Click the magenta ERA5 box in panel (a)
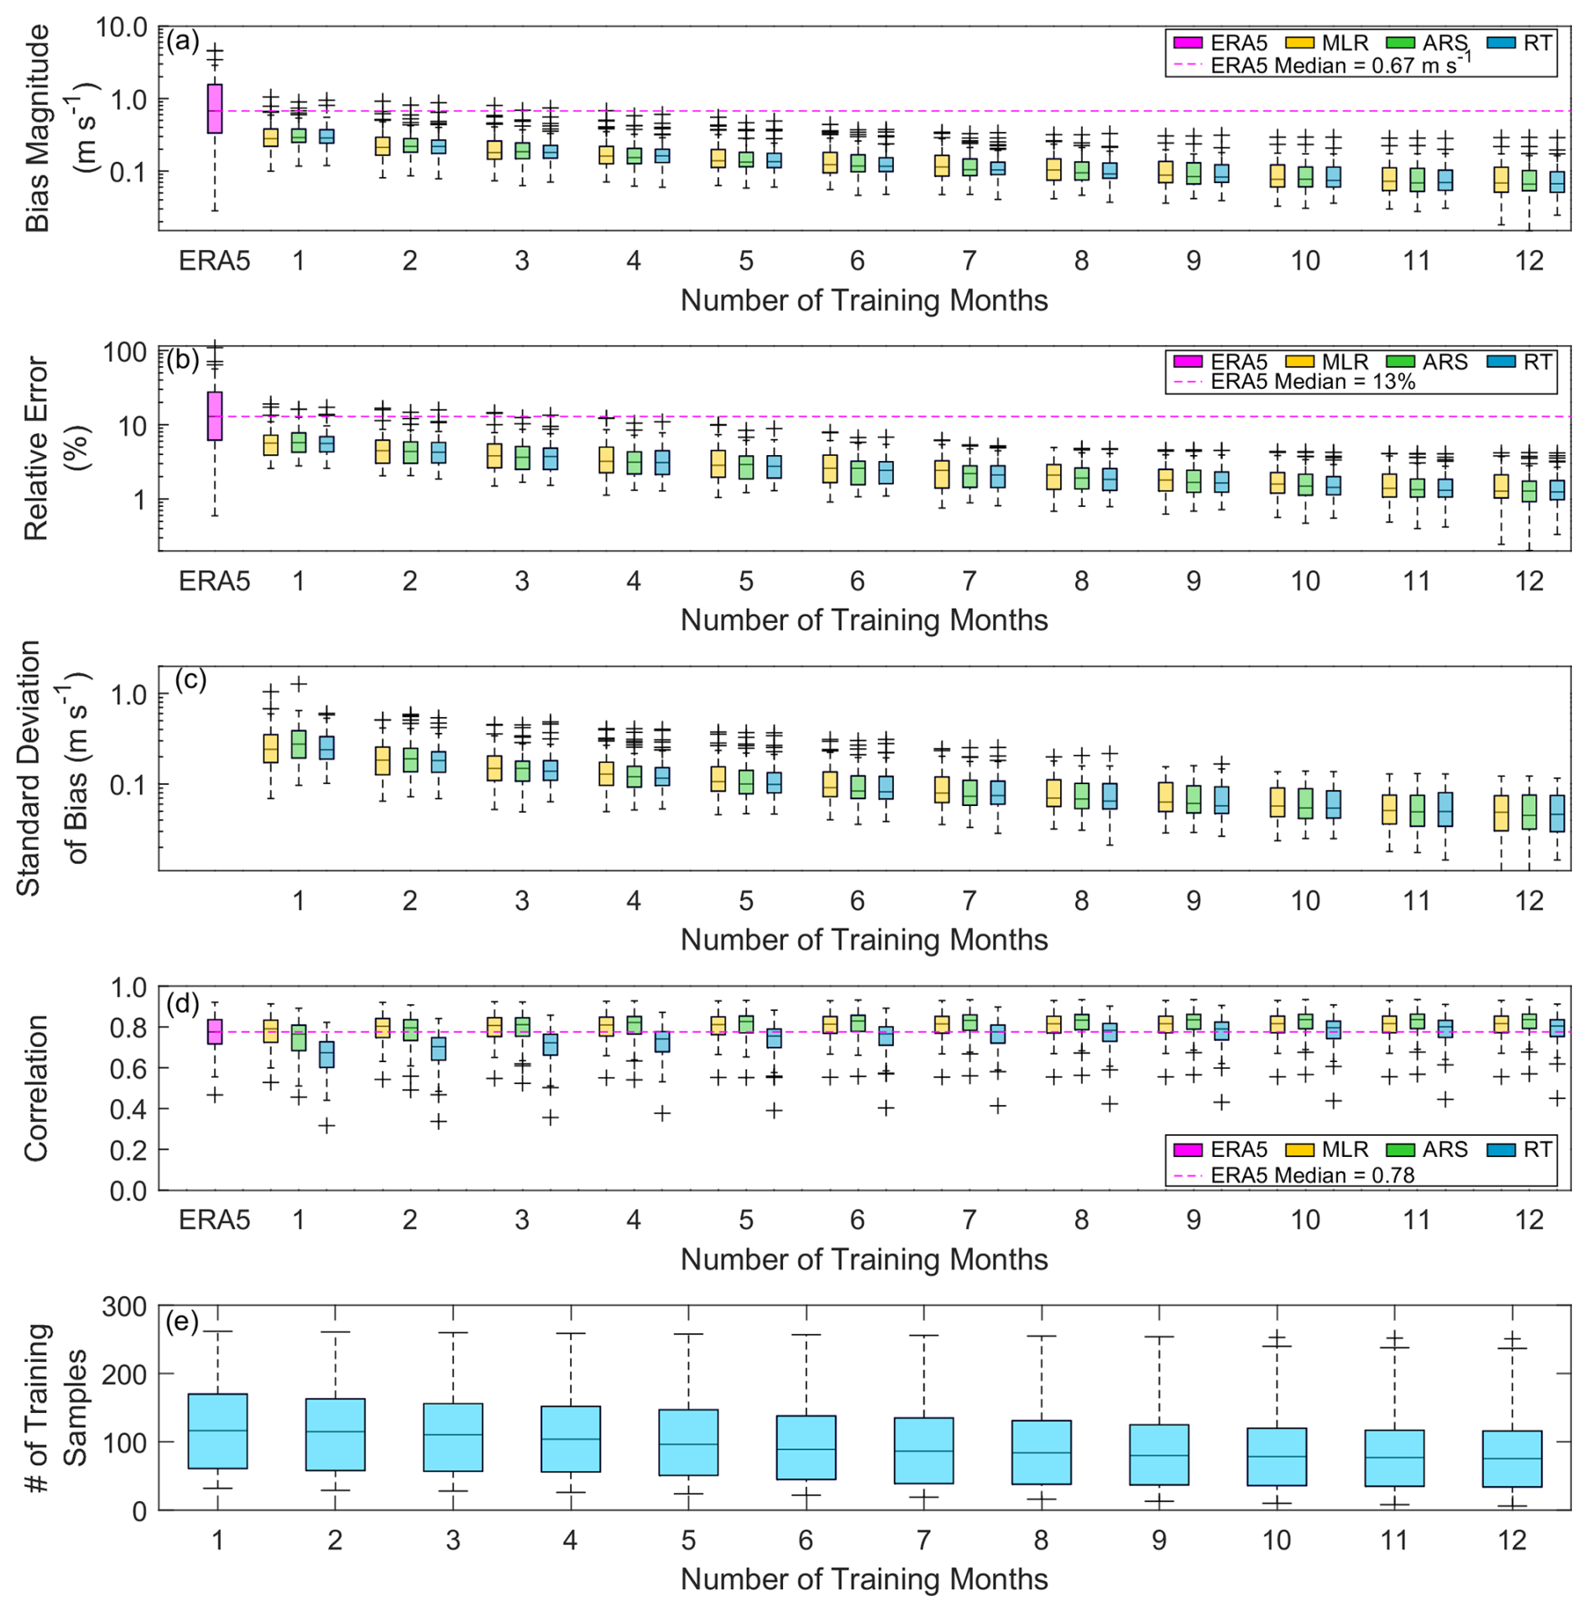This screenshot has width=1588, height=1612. (x=215, y=108)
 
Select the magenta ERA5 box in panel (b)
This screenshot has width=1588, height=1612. (x=215, y=416)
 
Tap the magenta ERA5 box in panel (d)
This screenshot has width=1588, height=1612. (x=215, y=1031)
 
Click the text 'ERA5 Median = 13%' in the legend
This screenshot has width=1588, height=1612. (x=1313, y=382)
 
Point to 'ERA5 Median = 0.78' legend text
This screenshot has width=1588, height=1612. (x=1313, y=1175)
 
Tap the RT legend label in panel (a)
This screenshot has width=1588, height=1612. (x=1537, y=43)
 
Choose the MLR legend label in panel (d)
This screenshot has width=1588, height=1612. (x=1345, y=1149)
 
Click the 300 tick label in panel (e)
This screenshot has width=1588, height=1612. (x=124, y=1307)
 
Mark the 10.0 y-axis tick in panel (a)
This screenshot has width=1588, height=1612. (x=122, y=29)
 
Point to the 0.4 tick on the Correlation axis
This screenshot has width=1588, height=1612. (x=128, y=1109)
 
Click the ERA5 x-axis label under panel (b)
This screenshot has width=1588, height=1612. (x=215, y=581)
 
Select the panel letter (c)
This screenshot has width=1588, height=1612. (x=190, y=679)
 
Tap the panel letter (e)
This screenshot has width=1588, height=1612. (x=182, y=1322)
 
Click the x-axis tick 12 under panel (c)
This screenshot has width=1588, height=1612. (x=1528, y=901)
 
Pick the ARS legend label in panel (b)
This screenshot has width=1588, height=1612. (x=1444, y=362)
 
